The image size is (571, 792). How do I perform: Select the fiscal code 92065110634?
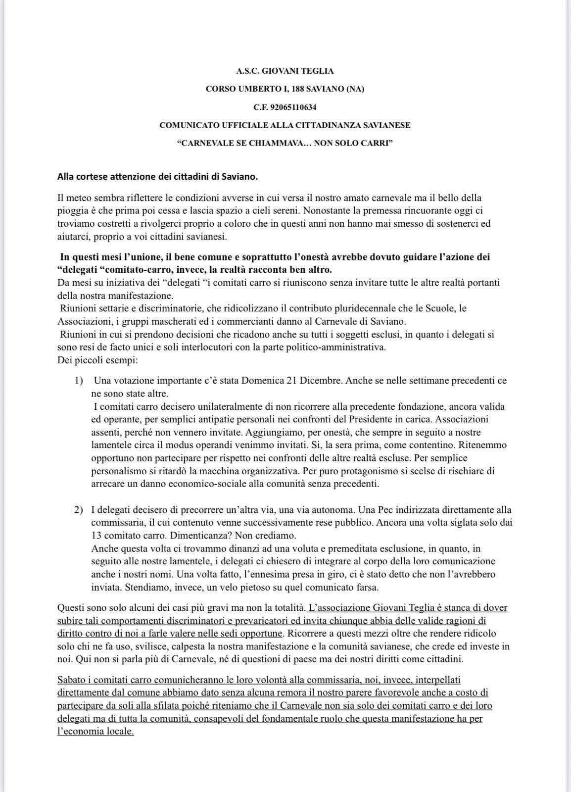[296, 107]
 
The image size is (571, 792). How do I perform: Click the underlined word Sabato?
[72, 680]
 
